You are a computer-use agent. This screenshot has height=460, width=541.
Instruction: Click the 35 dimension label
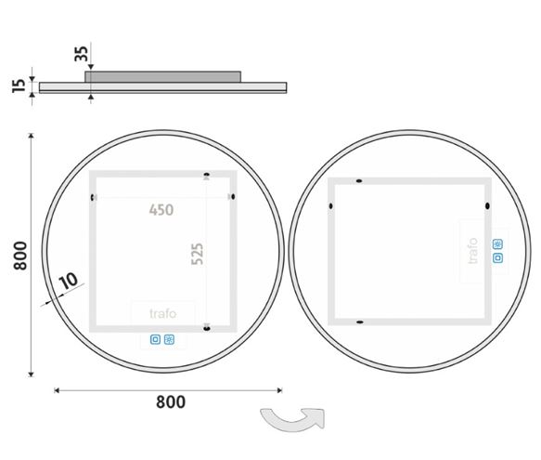(82, 54)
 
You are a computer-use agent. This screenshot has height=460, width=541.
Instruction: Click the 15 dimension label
(19, 85)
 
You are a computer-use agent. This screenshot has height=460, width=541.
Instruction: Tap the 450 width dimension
(161, 210)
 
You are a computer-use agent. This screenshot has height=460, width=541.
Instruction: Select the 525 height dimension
(198, 254)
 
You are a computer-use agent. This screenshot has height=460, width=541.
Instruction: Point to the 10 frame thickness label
(69, 281)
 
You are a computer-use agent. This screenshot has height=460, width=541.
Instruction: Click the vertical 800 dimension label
(20, 256)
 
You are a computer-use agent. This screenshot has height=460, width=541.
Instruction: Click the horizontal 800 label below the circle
(171, 402)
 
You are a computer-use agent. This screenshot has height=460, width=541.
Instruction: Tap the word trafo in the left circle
(162, 314)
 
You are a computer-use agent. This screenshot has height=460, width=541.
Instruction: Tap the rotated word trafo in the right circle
(472, 251)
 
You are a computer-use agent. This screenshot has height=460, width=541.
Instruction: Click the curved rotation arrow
(292, 420)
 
